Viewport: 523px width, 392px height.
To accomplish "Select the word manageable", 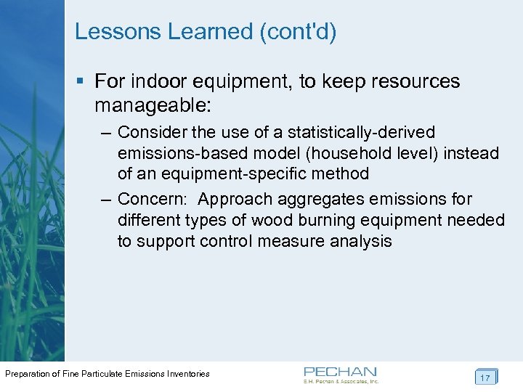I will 152,105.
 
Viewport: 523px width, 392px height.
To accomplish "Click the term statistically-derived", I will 362,133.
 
